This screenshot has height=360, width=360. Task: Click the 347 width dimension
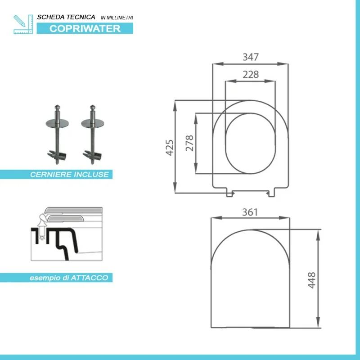[251, 57]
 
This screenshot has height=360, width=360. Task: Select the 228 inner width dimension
[251, 74]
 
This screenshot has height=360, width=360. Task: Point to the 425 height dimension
[170, 148]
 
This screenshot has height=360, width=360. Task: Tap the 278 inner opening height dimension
[189, 143]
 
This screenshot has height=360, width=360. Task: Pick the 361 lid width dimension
[250, 212]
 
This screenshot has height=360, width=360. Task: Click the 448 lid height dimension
[311, 280]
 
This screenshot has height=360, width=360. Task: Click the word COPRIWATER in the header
[85, 28]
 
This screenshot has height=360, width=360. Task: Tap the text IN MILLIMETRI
[117, 18]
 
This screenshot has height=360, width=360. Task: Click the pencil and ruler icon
[23, 24]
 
